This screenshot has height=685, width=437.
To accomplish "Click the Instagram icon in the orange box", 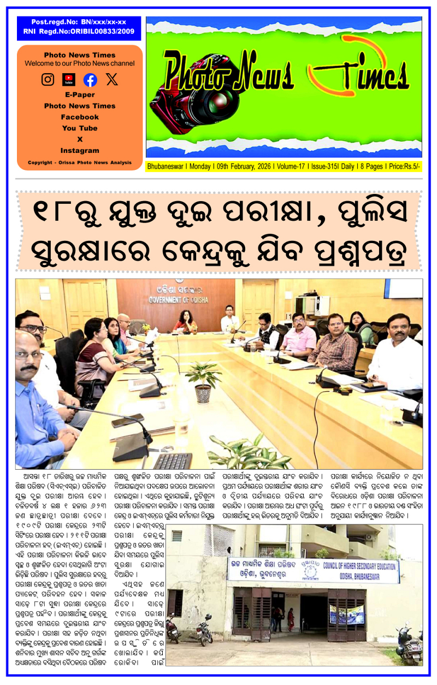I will [x=48, y=80].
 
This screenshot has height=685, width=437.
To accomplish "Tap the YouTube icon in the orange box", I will [x=69, y=80].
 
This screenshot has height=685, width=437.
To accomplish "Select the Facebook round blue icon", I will [x=90, y=80].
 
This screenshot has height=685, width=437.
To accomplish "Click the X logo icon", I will [x=111, y=80].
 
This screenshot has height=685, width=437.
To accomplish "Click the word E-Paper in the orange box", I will [x=80, y=95].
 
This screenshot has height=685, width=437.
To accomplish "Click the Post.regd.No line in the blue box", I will [x=79, y=22].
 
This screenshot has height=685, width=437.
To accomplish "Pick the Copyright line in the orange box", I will [x=80, y=162].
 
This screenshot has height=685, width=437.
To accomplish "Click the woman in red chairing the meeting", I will [x=185, y=320].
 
